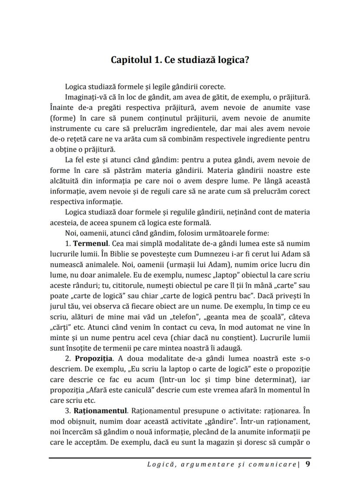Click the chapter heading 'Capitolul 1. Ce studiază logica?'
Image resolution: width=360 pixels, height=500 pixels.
[x=180, y=60]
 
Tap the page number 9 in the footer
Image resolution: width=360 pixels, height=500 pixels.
[x=308, y=464]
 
